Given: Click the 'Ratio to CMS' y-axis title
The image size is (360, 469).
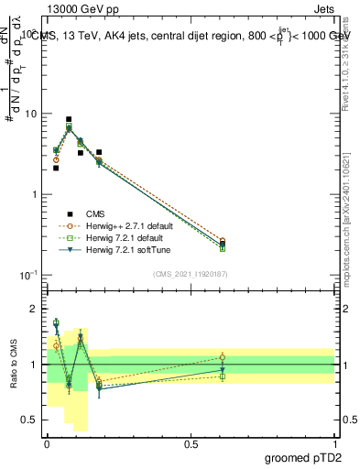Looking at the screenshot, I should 13,365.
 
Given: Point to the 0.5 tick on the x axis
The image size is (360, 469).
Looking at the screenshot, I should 191,442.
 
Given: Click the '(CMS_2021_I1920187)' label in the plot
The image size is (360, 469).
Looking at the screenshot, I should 191,272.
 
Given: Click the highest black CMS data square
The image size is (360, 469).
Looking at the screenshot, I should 69,119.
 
